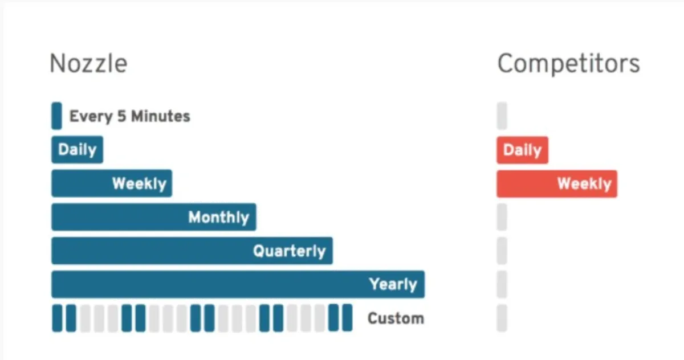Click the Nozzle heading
[88, 63]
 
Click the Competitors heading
[568, 63]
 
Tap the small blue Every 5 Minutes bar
[56, 116]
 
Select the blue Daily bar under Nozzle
[77, 150]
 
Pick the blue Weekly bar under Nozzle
[111, 183]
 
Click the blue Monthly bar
[153, 217]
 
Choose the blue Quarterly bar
[192, 251]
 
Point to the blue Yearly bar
[238, 284]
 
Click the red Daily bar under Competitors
[522, 150]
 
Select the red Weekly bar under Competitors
[556, 183]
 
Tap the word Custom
[396, 318]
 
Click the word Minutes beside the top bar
[161, 116]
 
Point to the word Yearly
[393, 284]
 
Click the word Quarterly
[289, 251]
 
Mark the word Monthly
[218, 217]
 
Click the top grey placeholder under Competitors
[502, 116]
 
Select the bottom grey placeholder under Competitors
[502, 318]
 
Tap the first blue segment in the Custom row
[57, 318]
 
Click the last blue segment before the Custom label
[347, 318]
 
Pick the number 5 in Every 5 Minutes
[121, 116]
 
